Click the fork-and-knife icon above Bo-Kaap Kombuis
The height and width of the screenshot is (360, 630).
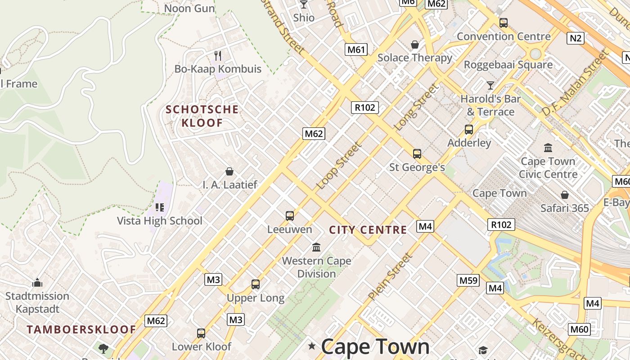pyautogui.click(x=218, y=55)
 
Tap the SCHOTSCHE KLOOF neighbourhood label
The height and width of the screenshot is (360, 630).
pyautogui.click(x=202, y=116)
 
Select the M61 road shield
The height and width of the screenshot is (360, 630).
pyautogui.click(x=356, y=49)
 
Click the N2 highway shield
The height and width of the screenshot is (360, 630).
pyautogui.click(x=576, y=38)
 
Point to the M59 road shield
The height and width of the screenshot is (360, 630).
pyautogui.click(x=468, y=280)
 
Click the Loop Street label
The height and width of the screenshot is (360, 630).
pyautogui.click(x=339, y=165)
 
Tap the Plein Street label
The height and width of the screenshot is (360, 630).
pyautogui.click(x=390, y=277)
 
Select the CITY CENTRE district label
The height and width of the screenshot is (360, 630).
pyautogui.click(x=368, y=230)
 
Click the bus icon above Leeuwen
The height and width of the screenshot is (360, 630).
pyautogui.click(x=290, y=216)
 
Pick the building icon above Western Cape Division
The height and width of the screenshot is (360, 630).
pyautogui.click(x=316, y=247)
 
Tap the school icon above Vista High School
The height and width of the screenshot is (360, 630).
pyautogui.click(x=160, y=207)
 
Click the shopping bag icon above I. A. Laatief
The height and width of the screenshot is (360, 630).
pyautogui.click(x=229, y=171)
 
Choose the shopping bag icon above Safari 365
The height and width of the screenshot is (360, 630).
pyautogui.click(x=564, y=195)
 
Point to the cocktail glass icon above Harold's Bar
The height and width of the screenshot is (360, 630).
pyautogui.click(x=490, y=85)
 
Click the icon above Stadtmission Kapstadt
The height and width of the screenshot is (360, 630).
pyautogui.click(x=37, y=283)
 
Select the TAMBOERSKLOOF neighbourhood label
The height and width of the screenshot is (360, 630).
pyautogui.click(x=81, y=329)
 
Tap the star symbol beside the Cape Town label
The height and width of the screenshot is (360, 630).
pyautogui.click(x=311, y=346)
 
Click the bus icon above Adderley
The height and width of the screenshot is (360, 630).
pyautogui.click(x=469, y=130)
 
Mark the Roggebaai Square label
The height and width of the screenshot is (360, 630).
pyautogui.click(x=508, y=65)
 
